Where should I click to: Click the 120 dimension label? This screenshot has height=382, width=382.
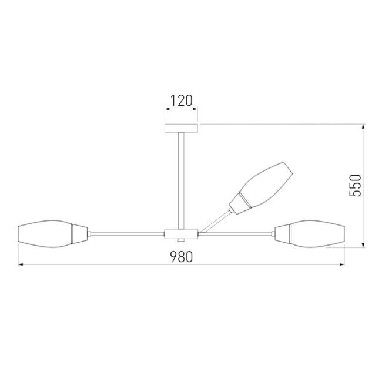182,100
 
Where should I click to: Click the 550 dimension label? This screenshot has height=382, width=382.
355,186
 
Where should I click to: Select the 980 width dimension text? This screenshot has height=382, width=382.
182,256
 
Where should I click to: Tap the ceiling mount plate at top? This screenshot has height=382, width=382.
182,129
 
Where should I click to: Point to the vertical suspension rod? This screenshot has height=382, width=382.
182,179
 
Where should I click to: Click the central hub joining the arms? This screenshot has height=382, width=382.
182,233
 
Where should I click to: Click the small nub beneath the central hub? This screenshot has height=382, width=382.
182,240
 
